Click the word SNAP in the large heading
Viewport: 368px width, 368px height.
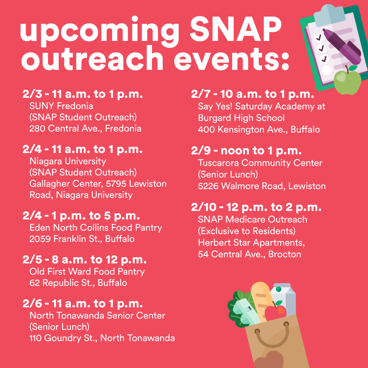point(236,29)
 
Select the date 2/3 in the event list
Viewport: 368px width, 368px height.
point(32,94)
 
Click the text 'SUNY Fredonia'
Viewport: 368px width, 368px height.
point(61,106)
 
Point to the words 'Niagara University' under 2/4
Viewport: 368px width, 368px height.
point(68,161)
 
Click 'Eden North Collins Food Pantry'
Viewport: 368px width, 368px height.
point(96,228)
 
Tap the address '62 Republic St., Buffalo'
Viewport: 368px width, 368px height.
point(78,283)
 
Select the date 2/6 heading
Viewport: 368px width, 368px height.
point(32,304)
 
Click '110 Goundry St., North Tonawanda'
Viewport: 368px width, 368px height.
point(102,338)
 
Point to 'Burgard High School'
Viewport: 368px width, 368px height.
point(241,118)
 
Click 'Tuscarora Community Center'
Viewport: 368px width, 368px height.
point(260,163)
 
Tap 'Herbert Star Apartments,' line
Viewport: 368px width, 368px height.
point(251,243)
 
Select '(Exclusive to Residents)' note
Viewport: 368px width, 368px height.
point(247,231)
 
